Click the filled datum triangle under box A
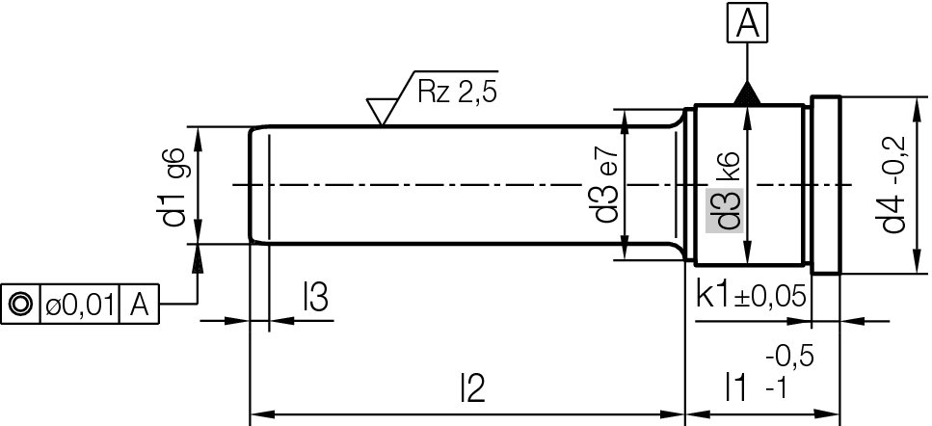[x=747, y=93]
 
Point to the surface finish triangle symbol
[x=384, y=109]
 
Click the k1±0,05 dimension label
[x=750, y=296]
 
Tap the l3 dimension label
[x=315, y=300]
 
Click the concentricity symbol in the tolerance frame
[x=20, y=305]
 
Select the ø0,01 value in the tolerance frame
[x=79, y=305]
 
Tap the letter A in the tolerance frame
[x=139, y=305]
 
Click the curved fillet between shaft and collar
[x=678, y=125]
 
